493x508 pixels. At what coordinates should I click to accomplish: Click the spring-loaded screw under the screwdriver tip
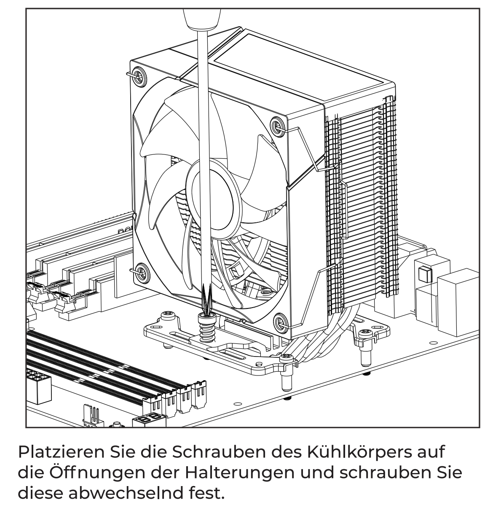click(x=207, y=328)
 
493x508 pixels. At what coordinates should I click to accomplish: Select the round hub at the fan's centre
click(x=213, y=200)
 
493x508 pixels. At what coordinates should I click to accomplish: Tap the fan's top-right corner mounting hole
click(x=277, y=127)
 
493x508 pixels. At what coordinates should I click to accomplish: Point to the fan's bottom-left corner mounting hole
click(x=142, y=273)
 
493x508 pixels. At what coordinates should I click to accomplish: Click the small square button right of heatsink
click(x=425, y=274)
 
